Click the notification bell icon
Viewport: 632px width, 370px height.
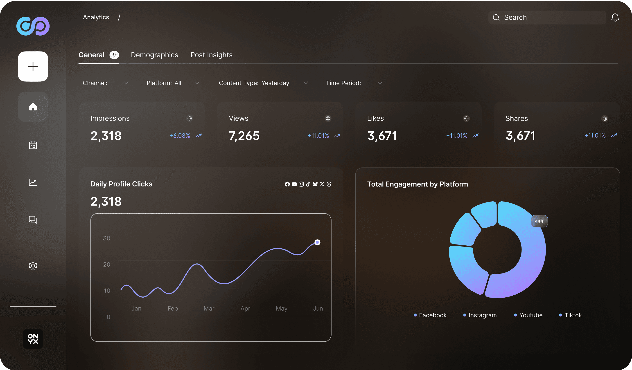(615, 17)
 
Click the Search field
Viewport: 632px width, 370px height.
(547, 17)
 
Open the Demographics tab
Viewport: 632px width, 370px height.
(154, 55)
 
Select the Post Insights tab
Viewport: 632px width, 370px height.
(211, 55)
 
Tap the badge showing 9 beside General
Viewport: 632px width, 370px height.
(114, 55)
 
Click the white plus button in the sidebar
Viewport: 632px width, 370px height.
(33, 66)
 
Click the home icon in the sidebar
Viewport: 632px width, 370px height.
(33, 107)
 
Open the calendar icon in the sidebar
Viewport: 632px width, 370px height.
(33, 145)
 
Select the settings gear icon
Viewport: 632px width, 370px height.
(33, 265)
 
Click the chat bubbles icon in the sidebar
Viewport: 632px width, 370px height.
(33, 220)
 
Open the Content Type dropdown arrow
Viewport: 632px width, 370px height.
(305, 83)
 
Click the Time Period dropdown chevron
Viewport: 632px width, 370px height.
(380, 83)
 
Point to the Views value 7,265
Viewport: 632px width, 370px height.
(244, 136)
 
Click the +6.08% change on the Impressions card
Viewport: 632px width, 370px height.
(180, 136)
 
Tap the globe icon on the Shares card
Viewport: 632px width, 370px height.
(605, 119)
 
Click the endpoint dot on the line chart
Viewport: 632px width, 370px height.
(317, 242)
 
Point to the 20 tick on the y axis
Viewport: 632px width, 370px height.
(107, 265)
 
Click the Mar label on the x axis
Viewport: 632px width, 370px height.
(209, 308)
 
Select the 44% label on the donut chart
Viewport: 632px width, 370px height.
(539, 221)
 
